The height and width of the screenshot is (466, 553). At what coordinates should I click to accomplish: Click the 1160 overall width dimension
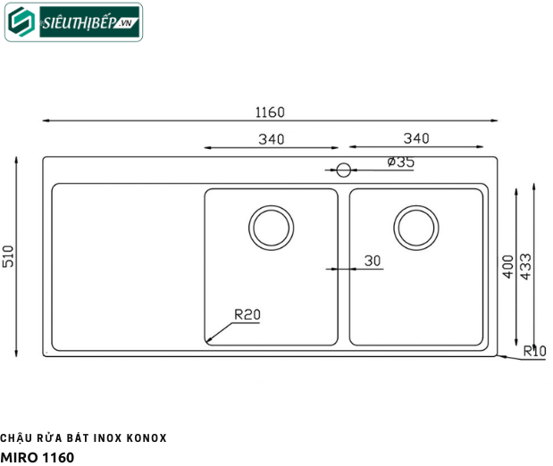click(x=270, y=112)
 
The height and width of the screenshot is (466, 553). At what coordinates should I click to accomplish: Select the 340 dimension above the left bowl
click(x=272, y=139)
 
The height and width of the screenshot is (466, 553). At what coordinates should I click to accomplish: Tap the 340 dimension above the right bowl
click(x=416, y=138)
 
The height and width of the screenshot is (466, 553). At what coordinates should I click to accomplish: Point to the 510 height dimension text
click(x=8, y=256)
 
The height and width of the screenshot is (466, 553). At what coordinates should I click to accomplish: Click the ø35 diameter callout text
click(x=400, y=162)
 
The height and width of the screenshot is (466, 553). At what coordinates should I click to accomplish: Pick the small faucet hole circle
click(x=344, y=170)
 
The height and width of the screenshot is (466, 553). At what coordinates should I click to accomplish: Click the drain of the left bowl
click(x=272, y=228)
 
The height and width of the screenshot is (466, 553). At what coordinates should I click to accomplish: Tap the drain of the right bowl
click(x=416, y=228)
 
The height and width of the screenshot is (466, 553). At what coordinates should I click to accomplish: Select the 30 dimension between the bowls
click(x=373, y=261)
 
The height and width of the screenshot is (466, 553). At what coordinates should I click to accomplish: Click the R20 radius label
click(x=247, y=314)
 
